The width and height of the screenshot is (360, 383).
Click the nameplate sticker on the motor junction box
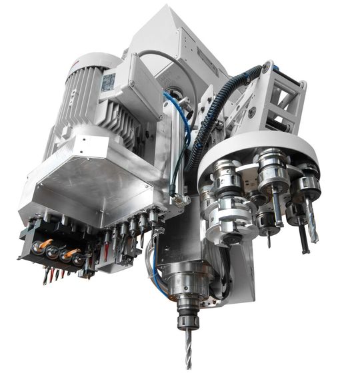point(109,82)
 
